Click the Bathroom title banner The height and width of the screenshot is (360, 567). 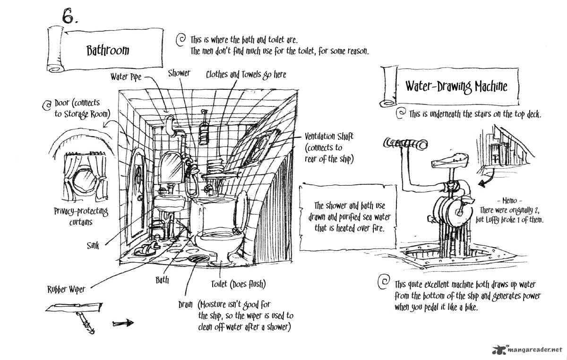coord(108,50)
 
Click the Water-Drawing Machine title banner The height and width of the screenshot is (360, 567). coord(455,86)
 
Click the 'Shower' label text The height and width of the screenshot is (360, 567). coord(179,73)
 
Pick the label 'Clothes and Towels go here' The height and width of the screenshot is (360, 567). coord(246,74)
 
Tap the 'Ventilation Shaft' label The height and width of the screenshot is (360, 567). coord(329,137)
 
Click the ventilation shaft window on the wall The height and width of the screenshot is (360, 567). coord(261,146)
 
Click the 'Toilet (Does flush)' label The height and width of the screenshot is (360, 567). coord(238,284)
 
